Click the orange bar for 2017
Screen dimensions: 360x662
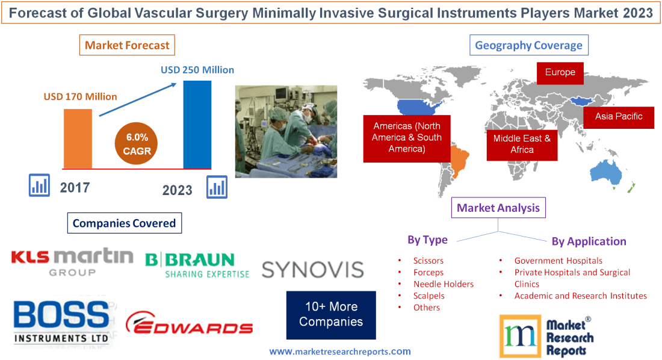click(78, 138)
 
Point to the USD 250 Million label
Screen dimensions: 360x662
click(197, 70)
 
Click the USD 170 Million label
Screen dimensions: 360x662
click(80, 96)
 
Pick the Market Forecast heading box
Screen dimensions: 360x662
click(127, 45)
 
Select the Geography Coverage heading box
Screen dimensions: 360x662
click(528, 45)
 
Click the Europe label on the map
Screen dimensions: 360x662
click(560, 73)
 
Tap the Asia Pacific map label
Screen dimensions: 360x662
click(619, 116)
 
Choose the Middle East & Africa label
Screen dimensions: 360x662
click(522, 144)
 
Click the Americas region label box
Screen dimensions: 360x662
click(406, 137)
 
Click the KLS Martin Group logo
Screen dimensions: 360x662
click(72, 262)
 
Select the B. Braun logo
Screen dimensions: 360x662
click(197, 265)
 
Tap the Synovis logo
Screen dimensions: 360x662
click(312, 269)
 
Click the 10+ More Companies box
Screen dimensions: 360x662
click(331, 314)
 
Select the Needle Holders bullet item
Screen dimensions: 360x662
click(443, 284)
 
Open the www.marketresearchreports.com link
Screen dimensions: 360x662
click(339, 352)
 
